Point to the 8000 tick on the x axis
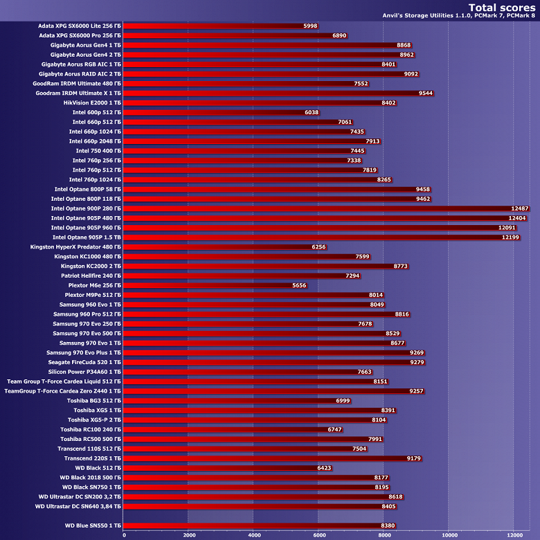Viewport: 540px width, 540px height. pos(384,534)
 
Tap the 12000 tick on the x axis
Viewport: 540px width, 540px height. pos(513,534)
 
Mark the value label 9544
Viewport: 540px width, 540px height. pos(426,93)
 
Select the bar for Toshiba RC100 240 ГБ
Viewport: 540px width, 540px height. pos(225,429)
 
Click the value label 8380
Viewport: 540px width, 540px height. pos(388,525)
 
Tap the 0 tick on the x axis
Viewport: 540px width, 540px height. pos(124,534)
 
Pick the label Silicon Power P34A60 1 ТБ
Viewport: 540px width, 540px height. pos(83,372)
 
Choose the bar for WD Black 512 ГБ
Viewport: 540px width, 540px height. pos(220,468)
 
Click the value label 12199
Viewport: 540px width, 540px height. pos(510,237)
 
